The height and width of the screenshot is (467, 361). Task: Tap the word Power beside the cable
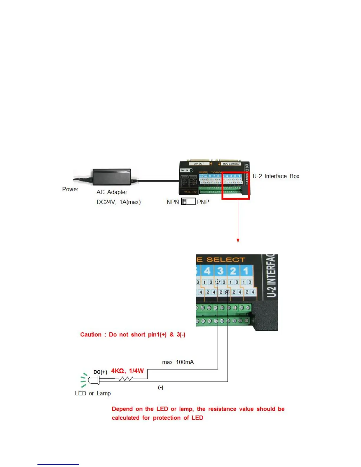(70, 189)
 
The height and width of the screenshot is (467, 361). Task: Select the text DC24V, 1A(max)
(119, 202)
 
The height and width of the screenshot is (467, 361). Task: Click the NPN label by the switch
(173, 202)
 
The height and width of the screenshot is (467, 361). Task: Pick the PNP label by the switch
(203, 202)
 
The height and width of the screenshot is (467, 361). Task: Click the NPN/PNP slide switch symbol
(188, 202)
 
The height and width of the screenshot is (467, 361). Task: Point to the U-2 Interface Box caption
(276, 176)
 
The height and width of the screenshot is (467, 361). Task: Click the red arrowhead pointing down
(238, 241)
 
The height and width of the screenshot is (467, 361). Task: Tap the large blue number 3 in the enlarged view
(220, 271)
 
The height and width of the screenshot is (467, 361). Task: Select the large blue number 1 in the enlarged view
(246, 271)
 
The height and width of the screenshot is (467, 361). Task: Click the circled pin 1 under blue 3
(218, 282)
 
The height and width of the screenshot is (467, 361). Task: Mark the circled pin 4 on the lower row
(227, 292)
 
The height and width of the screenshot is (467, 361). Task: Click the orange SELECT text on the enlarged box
(226, 260)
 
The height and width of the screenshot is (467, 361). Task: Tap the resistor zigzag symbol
(126, 379)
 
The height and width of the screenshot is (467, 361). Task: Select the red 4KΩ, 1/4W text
(127, 371)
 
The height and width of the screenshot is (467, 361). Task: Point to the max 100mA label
(178, 362)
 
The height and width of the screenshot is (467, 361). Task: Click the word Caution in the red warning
(91, 335)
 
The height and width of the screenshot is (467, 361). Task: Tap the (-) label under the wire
(160, 387)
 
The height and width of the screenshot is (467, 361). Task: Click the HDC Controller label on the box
(232, 164)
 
